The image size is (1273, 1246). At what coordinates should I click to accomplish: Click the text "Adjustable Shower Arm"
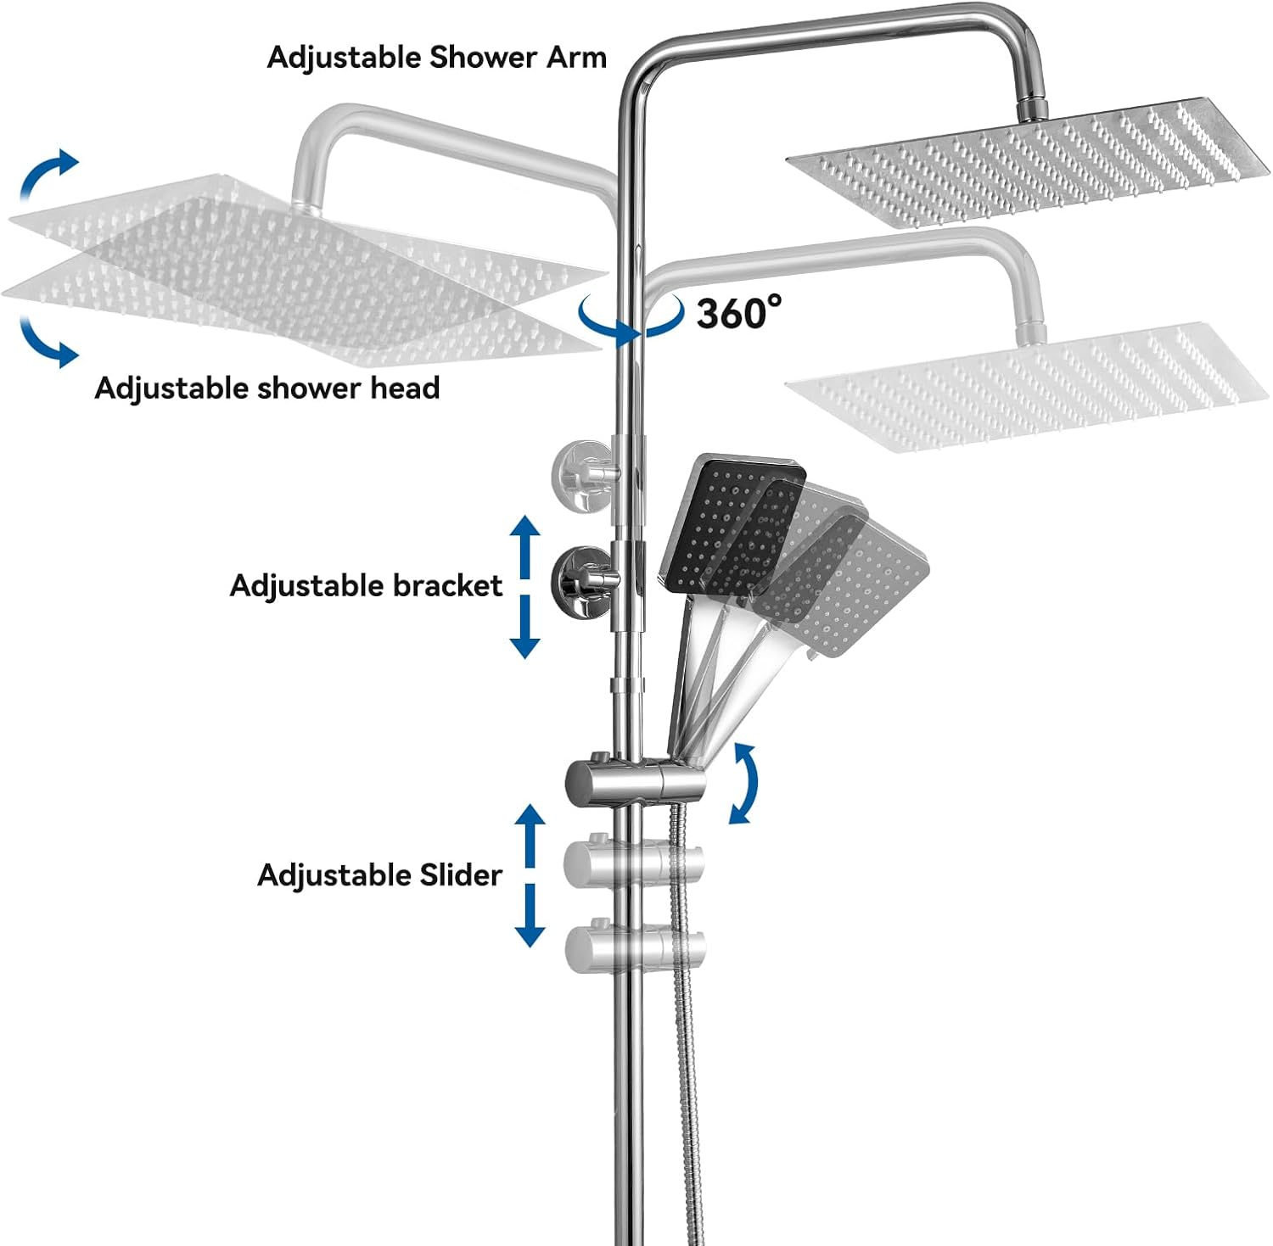click(437, 58)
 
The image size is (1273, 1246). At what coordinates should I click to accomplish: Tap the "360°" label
click(739, 313)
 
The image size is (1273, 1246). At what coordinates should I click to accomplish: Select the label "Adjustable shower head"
click(267, 388)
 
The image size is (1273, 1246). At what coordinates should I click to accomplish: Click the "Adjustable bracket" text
click(366, 586)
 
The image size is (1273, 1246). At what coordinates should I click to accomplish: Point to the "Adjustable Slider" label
click(379, 874)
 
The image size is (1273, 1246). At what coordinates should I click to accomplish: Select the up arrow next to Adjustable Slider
click(531, 835)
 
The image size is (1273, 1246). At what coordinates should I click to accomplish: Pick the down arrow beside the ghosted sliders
click(531, 915)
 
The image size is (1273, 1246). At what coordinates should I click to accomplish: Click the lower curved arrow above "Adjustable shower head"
click(48, 341)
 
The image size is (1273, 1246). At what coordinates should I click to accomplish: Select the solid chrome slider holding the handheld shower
click(635, 779)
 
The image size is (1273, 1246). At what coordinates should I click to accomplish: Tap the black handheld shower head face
click(732, 527)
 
